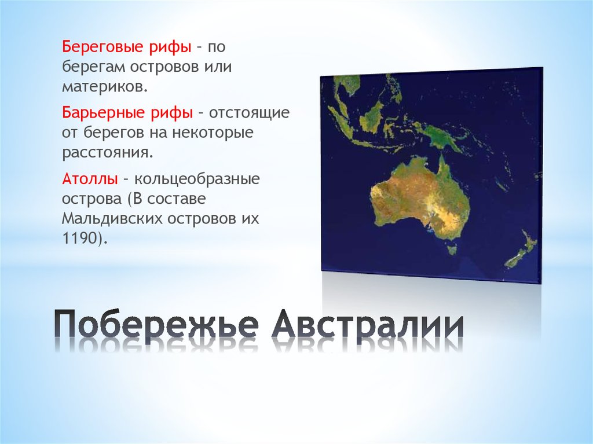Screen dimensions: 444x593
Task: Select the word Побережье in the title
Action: click(155, 326)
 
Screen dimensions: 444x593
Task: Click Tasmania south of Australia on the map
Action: click(451, 249)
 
